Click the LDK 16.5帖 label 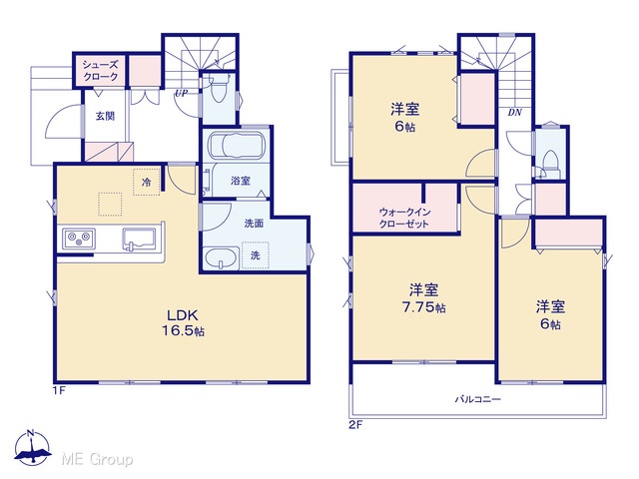point(183,322)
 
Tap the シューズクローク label point(100,70)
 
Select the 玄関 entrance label point(105,116)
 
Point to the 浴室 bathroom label point(241,181)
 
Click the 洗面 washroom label point(254,223)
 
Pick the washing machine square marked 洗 point(256,255)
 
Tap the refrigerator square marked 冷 point(146,182)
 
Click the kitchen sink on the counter point(139,239)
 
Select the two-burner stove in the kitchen point(79,239)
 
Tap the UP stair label point(182,93)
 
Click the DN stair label point(515,113)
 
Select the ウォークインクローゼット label point(404,218)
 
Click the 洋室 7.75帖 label point(423,298)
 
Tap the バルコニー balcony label point(477,399)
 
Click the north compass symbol point(32,448)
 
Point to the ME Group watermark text point(97,459)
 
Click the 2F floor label point(355,425)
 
